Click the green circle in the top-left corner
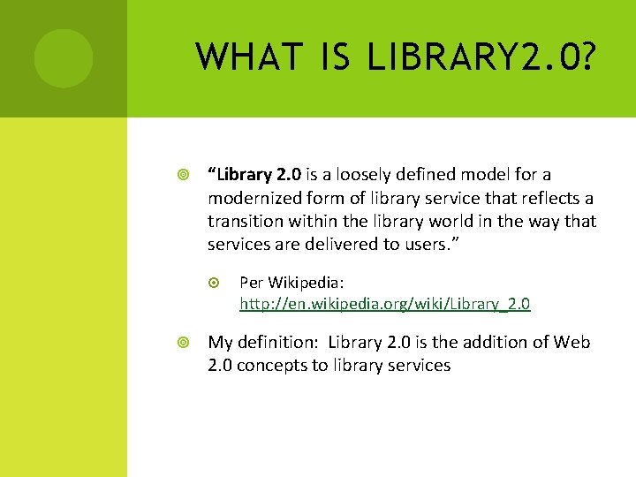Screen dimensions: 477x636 pos(64,58)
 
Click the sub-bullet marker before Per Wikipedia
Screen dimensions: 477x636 pos(216,283)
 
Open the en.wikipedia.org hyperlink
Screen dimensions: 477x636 pos(385,304)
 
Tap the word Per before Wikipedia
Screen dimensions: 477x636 pos(251,283)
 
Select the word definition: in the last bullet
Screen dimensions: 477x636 pos(276,343)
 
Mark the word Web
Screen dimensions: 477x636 pos(572,343)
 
